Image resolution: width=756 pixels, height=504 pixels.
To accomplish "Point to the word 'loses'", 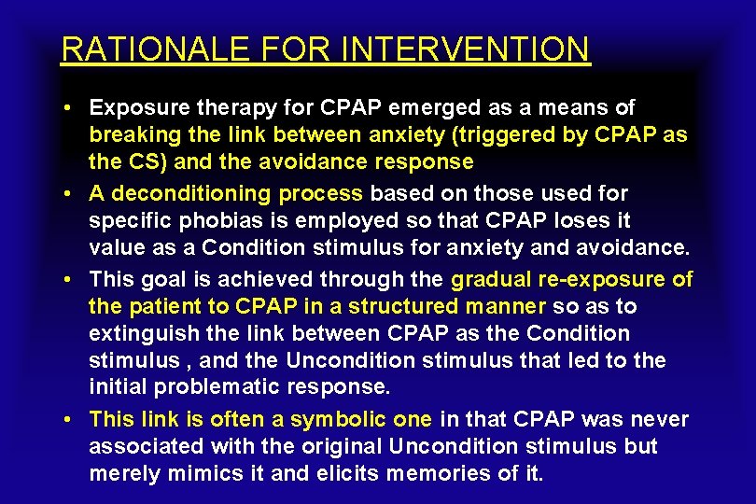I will pyautogui.click(x=574, y=221).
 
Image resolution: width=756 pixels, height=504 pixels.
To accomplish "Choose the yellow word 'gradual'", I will pyautogui.click(x=492, y=279).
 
